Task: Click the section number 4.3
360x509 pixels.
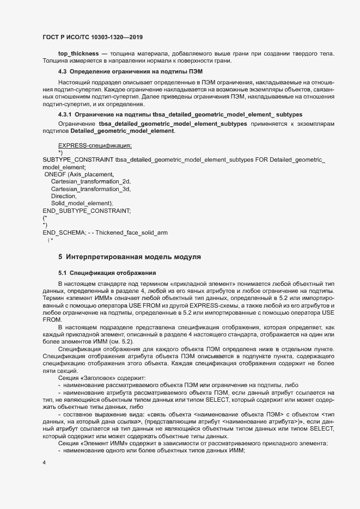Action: (62, 72)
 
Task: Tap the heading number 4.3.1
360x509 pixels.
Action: (64, 114)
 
